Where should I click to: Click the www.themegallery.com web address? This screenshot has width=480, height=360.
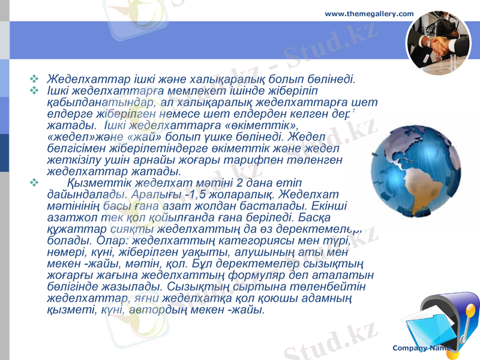point(369,13)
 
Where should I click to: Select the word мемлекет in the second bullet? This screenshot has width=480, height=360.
point(181,91)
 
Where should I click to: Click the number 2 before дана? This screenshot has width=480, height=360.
point(240,182)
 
